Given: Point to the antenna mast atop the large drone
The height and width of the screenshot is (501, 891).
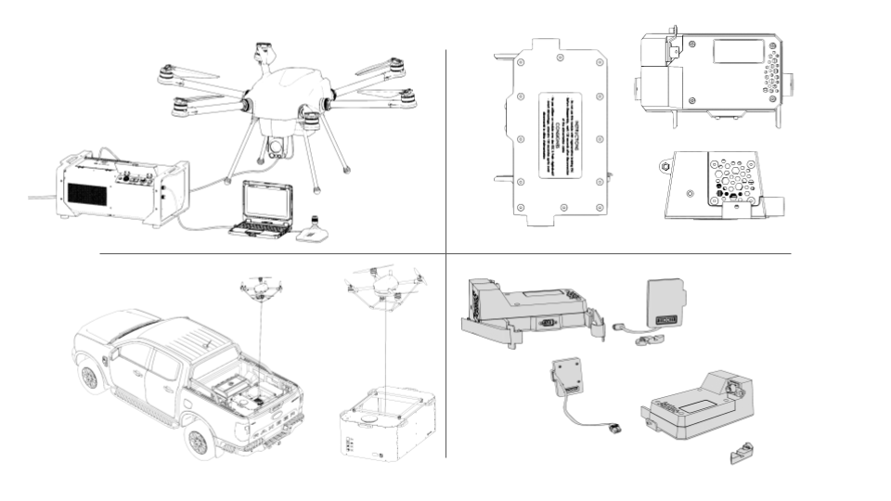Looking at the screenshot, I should [261, 56].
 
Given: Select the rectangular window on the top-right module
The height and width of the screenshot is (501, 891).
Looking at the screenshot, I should [740, 50].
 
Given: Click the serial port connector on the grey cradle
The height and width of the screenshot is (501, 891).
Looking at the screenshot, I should [547, 324].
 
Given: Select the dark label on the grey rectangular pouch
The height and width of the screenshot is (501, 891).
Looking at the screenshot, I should [668, 320].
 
